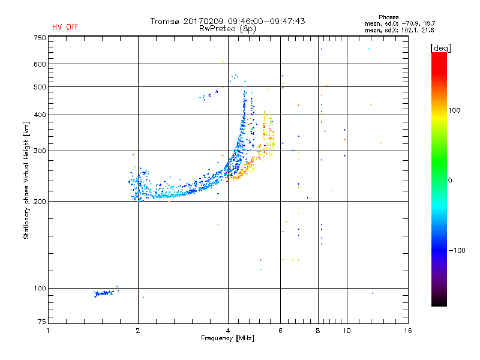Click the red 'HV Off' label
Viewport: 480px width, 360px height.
click(x=65, y=27)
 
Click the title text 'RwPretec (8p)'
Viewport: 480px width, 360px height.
click(x=228, y=28)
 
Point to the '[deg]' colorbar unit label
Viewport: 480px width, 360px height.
click(x=440, y=47)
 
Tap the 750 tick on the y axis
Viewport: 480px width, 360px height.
click(x=40, y=37)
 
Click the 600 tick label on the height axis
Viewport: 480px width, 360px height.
click(x=40, y=64)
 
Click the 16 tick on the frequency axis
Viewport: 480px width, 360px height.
click(x=408, y=331)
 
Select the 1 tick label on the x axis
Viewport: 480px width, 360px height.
click(x=49, y=331)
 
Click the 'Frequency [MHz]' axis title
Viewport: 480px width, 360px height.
click(x=228, y=338)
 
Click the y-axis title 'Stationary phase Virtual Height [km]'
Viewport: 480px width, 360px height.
click(x=26, y=181)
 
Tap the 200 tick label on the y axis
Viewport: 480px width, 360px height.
click(x=40, y=202)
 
